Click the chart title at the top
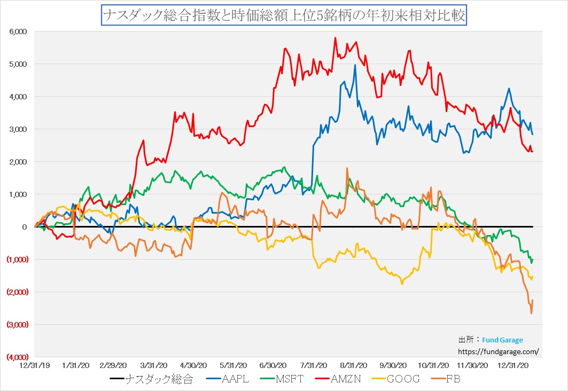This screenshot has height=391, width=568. (x=284, y=14)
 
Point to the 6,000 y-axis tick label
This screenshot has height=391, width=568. (x=18, y=32)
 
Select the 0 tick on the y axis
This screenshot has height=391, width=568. (x=24, y=227)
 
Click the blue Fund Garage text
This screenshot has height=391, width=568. (x=502, y=340)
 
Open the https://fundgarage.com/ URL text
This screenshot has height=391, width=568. (x=499, y=351)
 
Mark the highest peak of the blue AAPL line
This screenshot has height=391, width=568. (x=355, y=65)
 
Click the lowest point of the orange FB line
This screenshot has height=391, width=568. (x=531, y=314)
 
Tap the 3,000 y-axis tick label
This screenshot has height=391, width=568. (x=18, y=129)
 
